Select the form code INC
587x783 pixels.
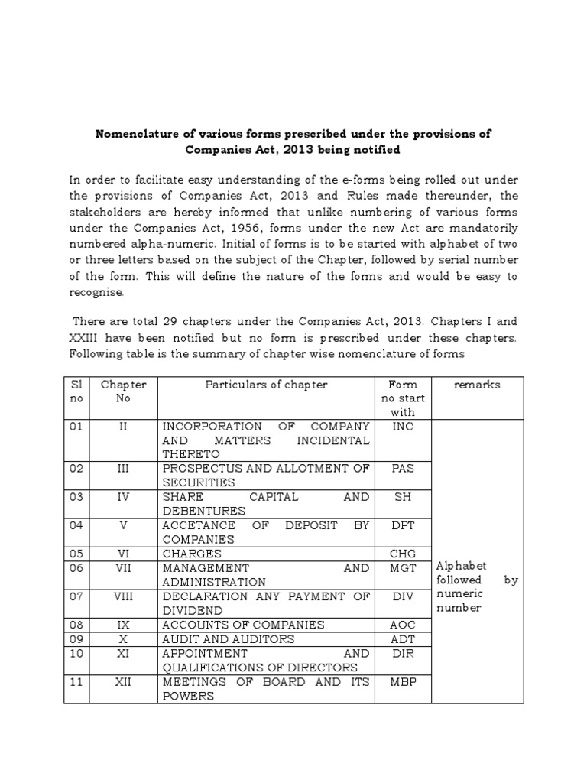coord(402,426)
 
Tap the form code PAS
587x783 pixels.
coord(402,468)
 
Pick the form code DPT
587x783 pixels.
coord(402,525)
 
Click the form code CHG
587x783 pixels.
coord(402,554)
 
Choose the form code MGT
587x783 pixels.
coord(402,568)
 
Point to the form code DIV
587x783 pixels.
coord(402,596)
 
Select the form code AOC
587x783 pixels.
coord(402,625)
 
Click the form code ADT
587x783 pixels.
coord(402,639)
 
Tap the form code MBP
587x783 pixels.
coord(402,682)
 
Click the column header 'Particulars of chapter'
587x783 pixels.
coord(266,385)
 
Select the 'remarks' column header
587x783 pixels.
coord(477,385)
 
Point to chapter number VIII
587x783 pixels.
coord(123,596)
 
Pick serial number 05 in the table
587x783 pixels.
coord(76,554)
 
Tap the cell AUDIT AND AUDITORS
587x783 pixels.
coord(228,639)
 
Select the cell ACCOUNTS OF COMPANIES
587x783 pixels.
coord(243,625)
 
